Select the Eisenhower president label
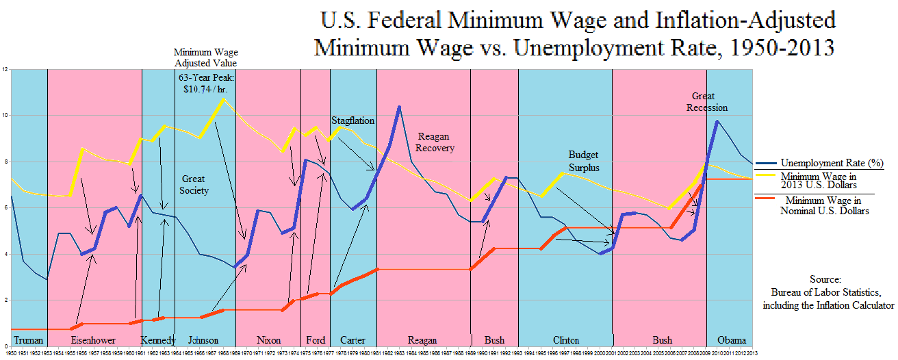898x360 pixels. (92, 340)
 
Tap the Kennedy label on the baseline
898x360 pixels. (158, 340)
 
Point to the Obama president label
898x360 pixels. (730, 340)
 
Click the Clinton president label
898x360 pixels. (565, 340)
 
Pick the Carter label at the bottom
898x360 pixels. (353, 340)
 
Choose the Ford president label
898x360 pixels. (316, 340)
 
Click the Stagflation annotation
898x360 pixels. (353, 120)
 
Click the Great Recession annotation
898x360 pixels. (709, 102)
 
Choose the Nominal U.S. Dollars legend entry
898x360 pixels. (824, 206)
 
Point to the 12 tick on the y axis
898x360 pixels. (5, 70)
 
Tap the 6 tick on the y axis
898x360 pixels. (5, 208)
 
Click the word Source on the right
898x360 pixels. (828, 280)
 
